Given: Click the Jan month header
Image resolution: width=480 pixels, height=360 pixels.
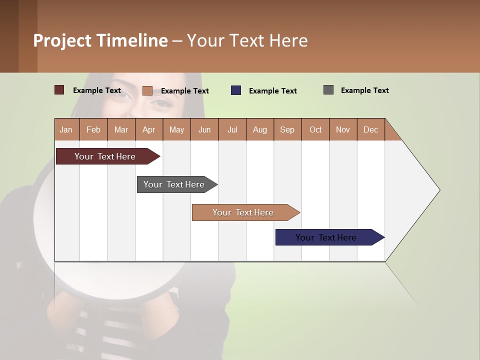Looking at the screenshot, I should coord(66,129).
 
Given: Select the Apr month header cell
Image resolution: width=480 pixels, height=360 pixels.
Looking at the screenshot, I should coord(149,129).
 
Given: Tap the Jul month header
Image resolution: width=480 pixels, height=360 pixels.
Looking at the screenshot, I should coord(232,129).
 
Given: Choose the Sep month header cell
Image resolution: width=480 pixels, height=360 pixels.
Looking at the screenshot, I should coord(287,129).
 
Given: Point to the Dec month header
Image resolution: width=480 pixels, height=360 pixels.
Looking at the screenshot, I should coord(371,129).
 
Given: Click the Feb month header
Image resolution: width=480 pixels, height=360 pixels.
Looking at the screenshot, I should coord(93,129).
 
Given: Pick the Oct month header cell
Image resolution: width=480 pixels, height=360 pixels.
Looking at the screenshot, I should coord(315,129).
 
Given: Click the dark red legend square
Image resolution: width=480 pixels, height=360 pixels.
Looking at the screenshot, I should coord(59,90).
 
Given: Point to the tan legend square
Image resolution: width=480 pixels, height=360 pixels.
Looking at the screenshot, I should coord(147,90).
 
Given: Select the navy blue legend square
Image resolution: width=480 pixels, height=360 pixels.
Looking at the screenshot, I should coord(236,90).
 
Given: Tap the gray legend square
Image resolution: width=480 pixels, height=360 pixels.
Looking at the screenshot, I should coord(328,90).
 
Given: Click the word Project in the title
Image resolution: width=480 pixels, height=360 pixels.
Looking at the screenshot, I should coord(62,40).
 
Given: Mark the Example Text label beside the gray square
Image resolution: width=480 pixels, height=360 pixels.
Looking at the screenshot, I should coord(364,90).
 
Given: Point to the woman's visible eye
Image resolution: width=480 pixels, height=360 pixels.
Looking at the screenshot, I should coord(161,102).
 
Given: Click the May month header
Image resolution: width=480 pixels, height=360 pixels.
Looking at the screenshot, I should coord(176,129).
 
